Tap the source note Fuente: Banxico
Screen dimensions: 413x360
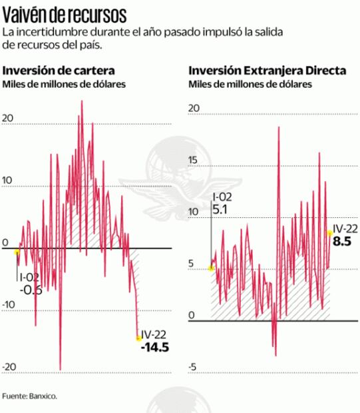pos(29,396)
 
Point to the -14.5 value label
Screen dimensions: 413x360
pos(154,348)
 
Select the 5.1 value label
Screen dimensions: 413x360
pos(220,208)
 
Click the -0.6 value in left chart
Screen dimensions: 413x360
pos(31,290)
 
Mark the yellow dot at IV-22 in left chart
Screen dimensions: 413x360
pos(138,338)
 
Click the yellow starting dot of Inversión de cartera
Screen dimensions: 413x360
pos(17,252)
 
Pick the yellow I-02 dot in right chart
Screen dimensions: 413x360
pos(211,268)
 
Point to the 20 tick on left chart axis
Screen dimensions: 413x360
pos(8,119)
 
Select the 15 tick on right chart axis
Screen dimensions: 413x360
pos(194,160)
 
